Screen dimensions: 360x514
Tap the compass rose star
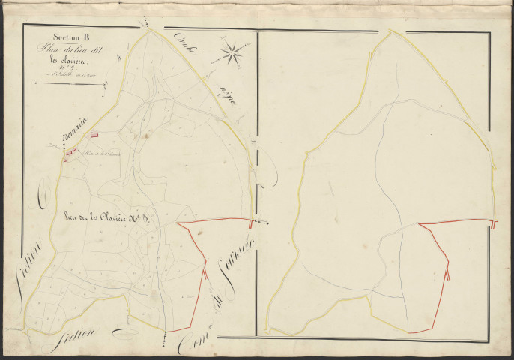231,52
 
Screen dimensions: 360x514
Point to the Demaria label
74,136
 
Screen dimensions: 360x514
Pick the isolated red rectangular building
95,135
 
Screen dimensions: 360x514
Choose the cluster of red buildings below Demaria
69,154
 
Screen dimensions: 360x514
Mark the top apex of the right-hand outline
390,31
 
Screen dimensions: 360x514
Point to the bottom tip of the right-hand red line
410,331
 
